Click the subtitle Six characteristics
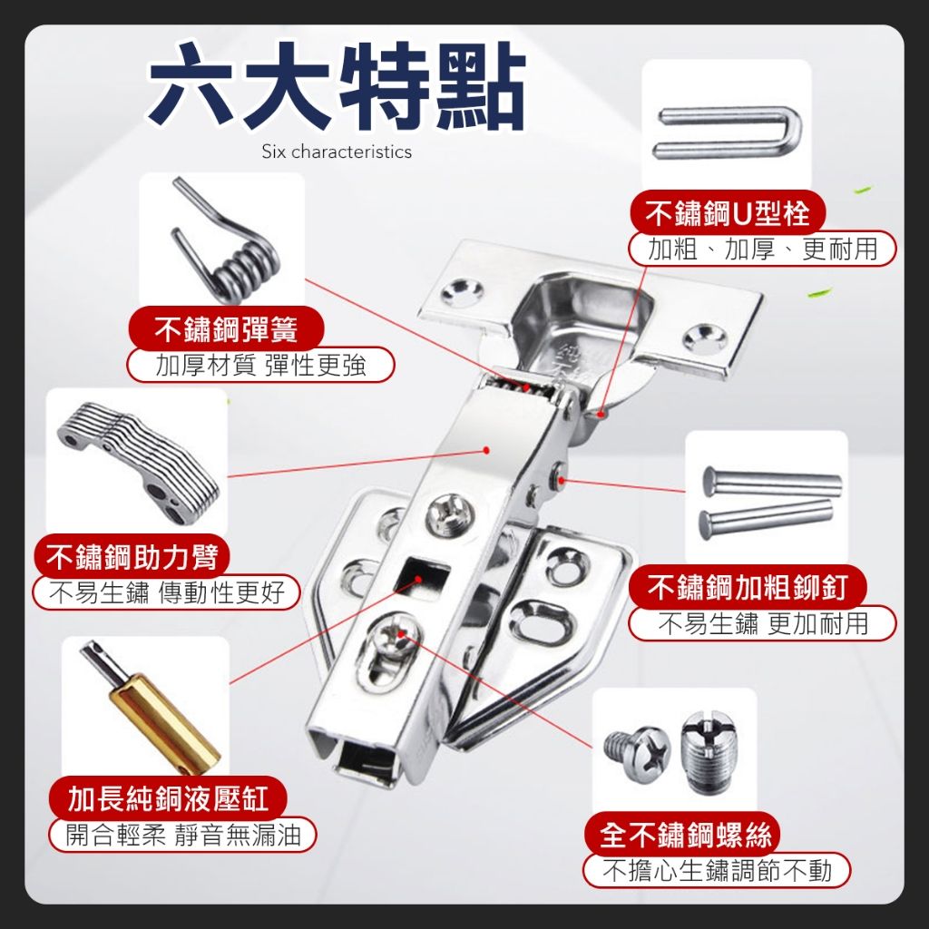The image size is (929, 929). click(337, 152)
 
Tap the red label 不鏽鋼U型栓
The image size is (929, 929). click(727, 213)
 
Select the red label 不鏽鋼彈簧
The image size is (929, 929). click(226, 329)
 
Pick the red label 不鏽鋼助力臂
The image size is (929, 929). click(132, 556)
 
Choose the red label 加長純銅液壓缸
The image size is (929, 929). click(168, 798)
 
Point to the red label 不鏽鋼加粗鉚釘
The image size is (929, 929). click(748, 588)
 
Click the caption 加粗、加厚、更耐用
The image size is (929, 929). click(762, 249)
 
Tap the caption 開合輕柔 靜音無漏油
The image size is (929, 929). click(182, 835)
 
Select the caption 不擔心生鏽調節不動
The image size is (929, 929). click(717, 871)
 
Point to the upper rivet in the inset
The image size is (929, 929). click(772, 482)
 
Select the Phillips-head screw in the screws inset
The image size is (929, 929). click(637, 752)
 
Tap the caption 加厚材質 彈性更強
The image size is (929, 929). click(260, 365)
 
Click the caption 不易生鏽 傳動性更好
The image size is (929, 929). click(167, 592)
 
